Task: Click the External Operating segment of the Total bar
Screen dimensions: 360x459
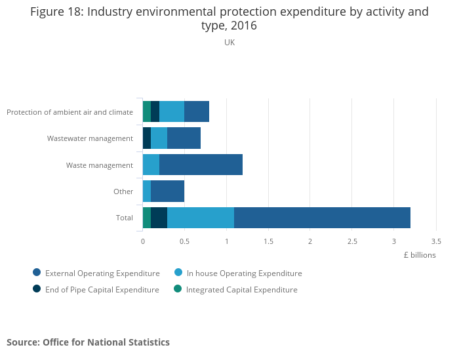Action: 322,217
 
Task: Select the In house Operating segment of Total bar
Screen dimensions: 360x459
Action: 201,217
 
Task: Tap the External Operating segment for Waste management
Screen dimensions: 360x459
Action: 201,165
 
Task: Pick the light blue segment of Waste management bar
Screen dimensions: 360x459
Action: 151,165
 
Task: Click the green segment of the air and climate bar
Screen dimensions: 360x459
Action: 147,111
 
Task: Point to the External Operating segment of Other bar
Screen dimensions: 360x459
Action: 167,191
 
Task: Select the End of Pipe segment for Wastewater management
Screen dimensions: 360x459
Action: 147,138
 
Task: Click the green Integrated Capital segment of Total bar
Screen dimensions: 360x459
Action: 147,217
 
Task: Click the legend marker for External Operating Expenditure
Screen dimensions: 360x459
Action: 37,273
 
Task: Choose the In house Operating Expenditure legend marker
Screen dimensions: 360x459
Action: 178,273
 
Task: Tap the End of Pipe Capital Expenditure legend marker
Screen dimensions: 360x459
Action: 37,289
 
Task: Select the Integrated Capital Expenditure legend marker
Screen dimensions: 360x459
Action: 178,289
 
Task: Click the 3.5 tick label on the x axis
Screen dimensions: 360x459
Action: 436,241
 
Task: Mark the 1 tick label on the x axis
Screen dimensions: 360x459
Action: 226,241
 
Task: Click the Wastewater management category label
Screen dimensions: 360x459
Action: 90,138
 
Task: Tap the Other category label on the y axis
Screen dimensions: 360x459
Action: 123,191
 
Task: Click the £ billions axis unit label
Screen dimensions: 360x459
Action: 420,255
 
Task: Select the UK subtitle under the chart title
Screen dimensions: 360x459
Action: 229,43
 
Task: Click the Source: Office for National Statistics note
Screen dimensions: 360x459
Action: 88,342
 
